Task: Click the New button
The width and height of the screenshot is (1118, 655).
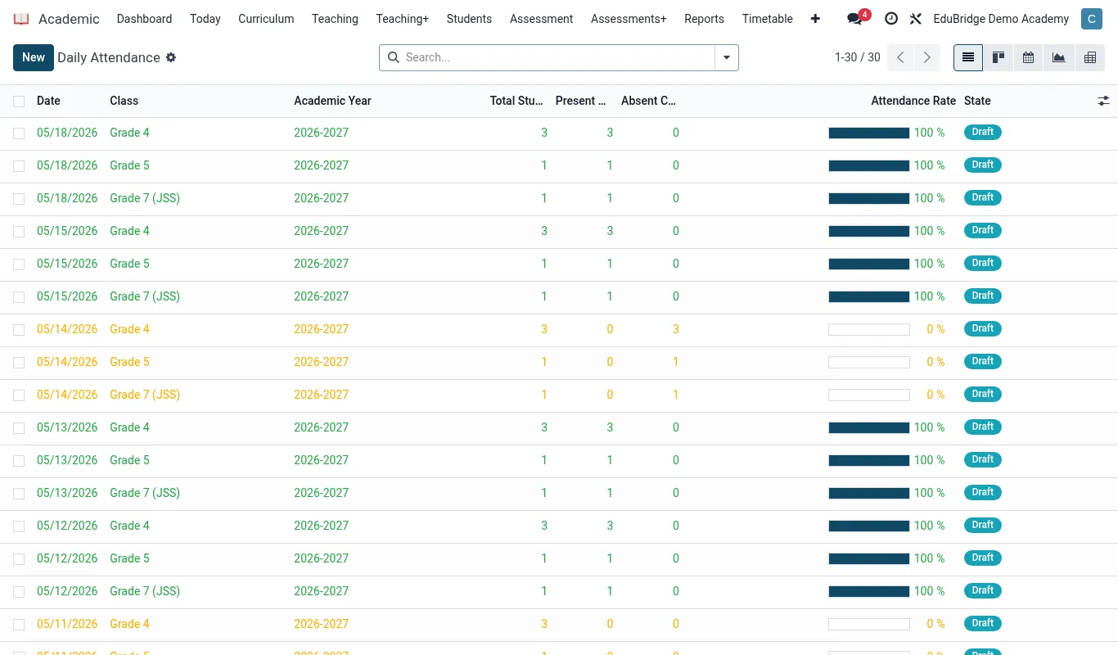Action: pyautogui.click(x=34, y=57)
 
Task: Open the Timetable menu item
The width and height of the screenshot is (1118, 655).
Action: pyautogui.click(x=767, y=19)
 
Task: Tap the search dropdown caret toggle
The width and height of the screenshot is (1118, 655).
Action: pyautogui.click(x=727, y=57)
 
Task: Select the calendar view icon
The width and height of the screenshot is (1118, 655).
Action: pyautogui.click(x=1028, y=57)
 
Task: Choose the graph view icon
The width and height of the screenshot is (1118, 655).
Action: pyautogui.click(x=1058, y=57)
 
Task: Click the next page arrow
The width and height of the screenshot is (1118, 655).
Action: pyautogui.click(x=926, y=57)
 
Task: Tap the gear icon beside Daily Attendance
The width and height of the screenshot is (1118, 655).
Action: pyautogui.click(x=171, y=57)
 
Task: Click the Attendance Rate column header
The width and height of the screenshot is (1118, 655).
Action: pyautogui.click(x=913, y=101)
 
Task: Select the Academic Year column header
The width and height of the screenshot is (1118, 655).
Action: pyautogui.click(x=332, y=101)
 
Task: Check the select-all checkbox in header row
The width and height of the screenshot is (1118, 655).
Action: pyautogui.click(x=19, y=102)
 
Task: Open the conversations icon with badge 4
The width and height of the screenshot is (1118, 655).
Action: pyautogui.click(x=855, y=19)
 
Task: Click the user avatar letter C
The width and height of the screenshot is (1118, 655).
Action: pyautogui.click(x=1092, y=19)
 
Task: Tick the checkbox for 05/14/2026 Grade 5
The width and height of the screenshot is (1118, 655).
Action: pyautogui.click(x=19, y=363)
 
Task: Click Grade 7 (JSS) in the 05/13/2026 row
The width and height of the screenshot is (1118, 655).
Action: pyautogui.click(x=145, y=493)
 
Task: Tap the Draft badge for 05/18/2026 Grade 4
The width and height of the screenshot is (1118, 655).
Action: pyautogui.click(x=982, y=133)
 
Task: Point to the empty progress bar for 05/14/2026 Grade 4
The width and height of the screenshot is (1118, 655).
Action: pyautogui.click(x=869, y=329)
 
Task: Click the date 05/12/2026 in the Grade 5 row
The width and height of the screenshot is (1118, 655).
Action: pyautogui.click(x=67, y=558)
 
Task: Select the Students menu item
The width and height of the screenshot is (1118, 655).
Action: pyautogui.click(x=469, y=19)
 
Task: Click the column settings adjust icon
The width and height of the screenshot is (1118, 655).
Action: pyautogui.click(x=1103, y=101)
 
